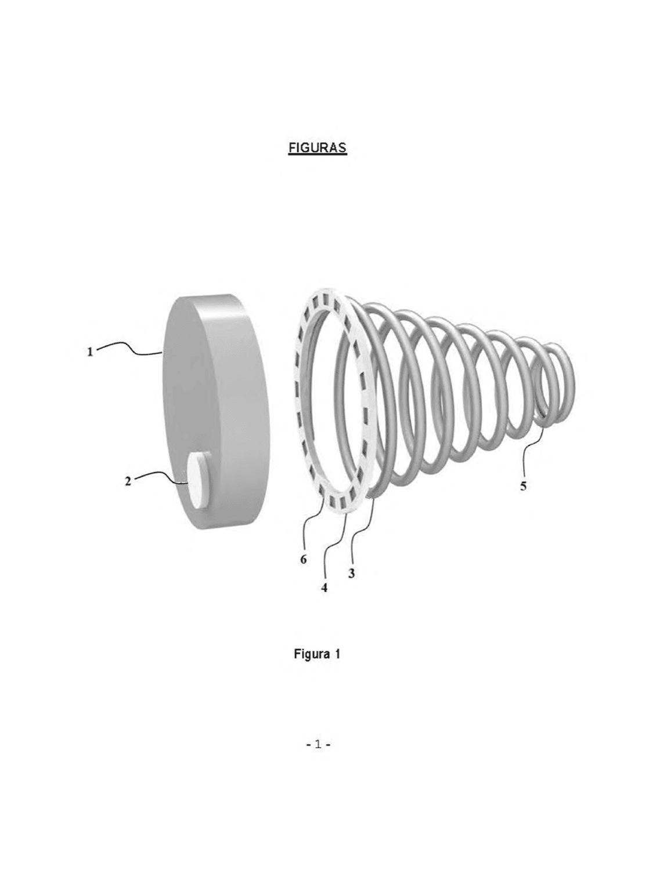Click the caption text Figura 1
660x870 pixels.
tap(317, 654)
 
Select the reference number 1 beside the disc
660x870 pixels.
tap(91, 351)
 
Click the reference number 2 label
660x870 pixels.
tap(128, 482)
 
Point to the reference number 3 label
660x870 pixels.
tap(351, 573)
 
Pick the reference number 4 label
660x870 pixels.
tap(324, 588)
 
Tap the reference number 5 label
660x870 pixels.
tap(524, 486)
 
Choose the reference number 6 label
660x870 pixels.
tap(304, 559)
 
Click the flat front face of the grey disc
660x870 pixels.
tap(186, 396)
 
